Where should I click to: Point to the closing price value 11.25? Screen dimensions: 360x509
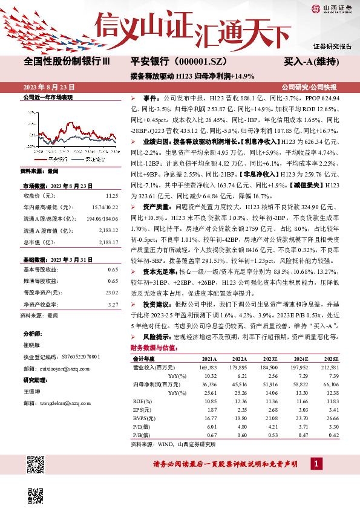[112, 196]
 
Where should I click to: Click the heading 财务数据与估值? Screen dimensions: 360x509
[154, 348]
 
